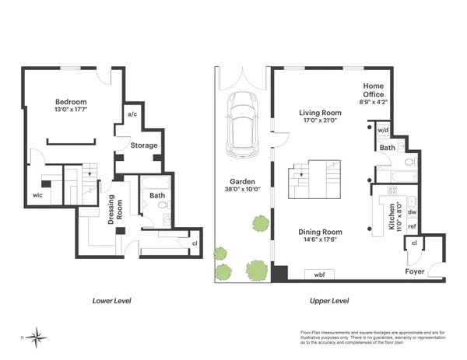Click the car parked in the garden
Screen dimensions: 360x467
(x=243, y=125)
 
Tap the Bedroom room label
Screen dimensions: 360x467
(x=71, y=103)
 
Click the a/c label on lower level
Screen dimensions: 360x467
(x=132, y=115)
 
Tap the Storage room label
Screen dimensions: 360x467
(x=144, y=145)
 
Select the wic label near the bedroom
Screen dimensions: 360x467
(x=37, y=195)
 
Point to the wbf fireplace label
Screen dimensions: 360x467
(x=319, y=274)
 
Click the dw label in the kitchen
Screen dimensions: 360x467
(x=413, y=211)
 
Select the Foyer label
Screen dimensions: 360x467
(x=415, y=271)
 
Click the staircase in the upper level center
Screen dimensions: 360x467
(x=315, y=179)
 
